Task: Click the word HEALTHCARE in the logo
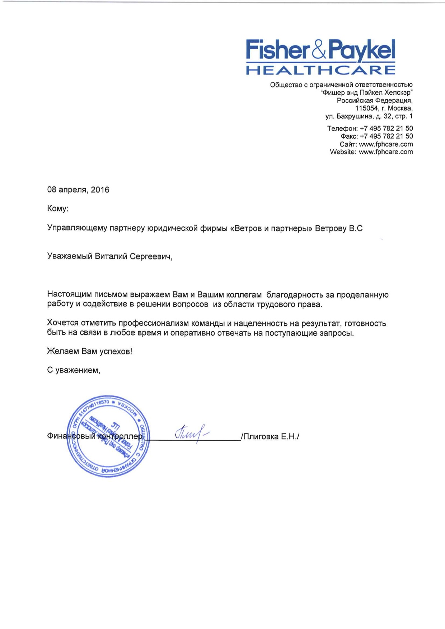[x=320, y=70]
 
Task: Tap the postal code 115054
[x=366, y=108]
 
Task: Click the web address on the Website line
[x=386, y=152]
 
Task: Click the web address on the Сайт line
[x=386, y=144]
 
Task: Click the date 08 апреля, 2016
[x=78, y=190]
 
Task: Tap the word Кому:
[x=57, y=209]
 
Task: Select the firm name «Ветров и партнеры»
[x=271, y=228]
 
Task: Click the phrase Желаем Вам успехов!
[x=89, y=351]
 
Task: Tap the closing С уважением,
[x=74, y=370]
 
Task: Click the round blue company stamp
[x=108, y=436]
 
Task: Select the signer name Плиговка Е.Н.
[x=270, y=437]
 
